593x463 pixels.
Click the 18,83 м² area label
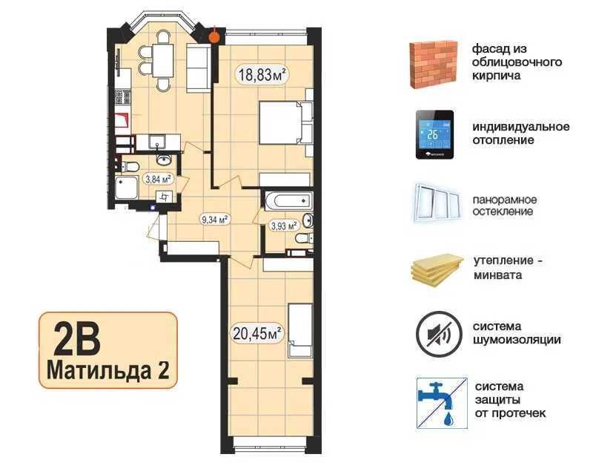[x=262, y=73]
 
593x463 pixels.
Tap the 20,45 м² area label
[x=257, y=334]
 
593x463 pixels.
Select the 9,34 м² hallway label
[x=215, y=219]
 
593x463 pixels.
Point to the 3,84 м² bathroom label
[x=158, y=179]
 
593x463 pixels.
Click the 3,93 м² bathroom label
[x=284, y=226]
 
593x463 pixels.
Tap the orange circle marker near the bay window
[x=214, y=36]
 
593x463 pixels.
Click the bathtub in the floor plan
[x=288, y=200]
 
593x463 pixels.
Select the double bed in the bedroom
[x=282, y=122]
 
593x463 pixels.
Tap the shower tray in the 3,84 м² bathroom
[x=126, y=187]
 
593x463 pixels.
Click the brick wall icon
[x=434, y=65]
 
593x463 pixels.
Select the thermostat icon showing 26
[x=434, y=135]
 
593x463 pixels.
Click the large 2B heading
[x=77, y=338]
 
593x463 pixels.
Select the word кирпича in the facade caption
[x=496, y=76]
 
